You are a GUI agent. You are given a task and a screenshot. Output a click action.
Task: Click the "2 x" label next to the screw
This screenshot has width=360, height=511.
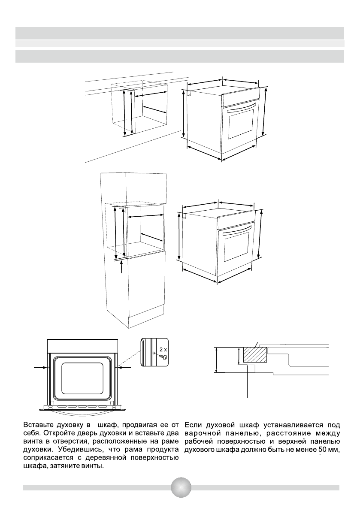point(161,350)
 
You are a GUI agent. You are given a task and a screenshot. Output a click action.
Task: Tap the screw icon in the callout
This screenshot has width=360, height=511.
point(162,357)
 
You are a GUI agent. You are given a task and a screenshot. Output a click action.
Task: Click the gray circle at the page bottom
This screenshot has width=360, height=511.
point(181,488)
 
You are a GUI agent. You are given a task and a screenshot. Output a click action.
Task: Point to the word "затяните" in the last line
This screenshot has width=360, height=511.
point(72,466)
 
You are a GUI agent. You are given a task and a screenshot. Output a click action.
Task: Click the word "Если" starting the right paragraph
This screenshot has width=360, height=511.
point(193,425)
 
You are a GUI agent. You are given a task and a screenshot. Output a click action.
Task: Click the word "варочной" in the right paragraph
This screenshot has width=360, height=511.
point(200,433)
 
